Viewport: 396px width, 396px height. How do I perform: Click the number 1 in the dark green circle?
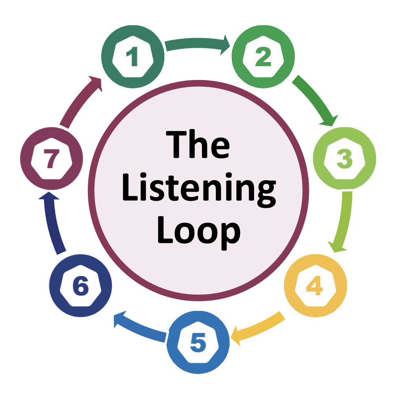[132, 58]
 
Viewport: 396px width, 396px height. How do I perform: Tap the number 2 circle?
[263, 58]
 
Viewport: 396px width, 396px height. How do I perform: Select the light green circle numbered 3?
[344, 159]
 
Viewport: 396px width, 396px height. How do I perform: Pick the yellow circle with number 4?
[315, 286]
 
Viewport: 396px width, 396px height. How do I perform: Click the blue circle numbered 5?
[198, 342]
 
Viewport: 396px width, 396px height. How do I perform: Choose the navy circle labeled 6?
[81, 286]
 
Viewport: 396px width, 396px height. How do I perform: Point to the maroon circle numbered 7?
[51, 159]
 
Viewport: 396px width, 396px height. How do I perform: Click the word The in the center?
[198, 145]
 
